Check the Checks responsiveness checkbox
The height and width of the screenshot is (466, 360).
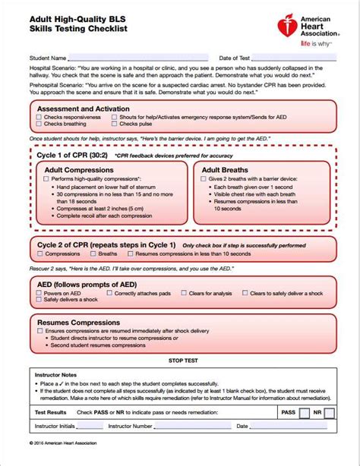39,118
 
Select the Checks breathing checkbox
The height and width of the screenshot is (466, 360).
39,124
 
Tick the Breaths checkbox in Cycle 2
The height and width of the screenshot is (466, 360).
93,254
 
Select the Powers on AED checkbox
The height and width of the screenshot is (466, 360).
39,293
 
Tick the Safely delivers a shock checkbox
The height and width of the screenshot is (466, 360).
39,300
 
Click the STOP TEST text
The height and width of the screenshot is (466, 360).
183,360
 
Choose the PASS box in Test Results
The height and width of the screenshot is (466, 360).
304,413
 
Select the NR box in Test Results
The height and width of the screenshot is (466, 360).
337,413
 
